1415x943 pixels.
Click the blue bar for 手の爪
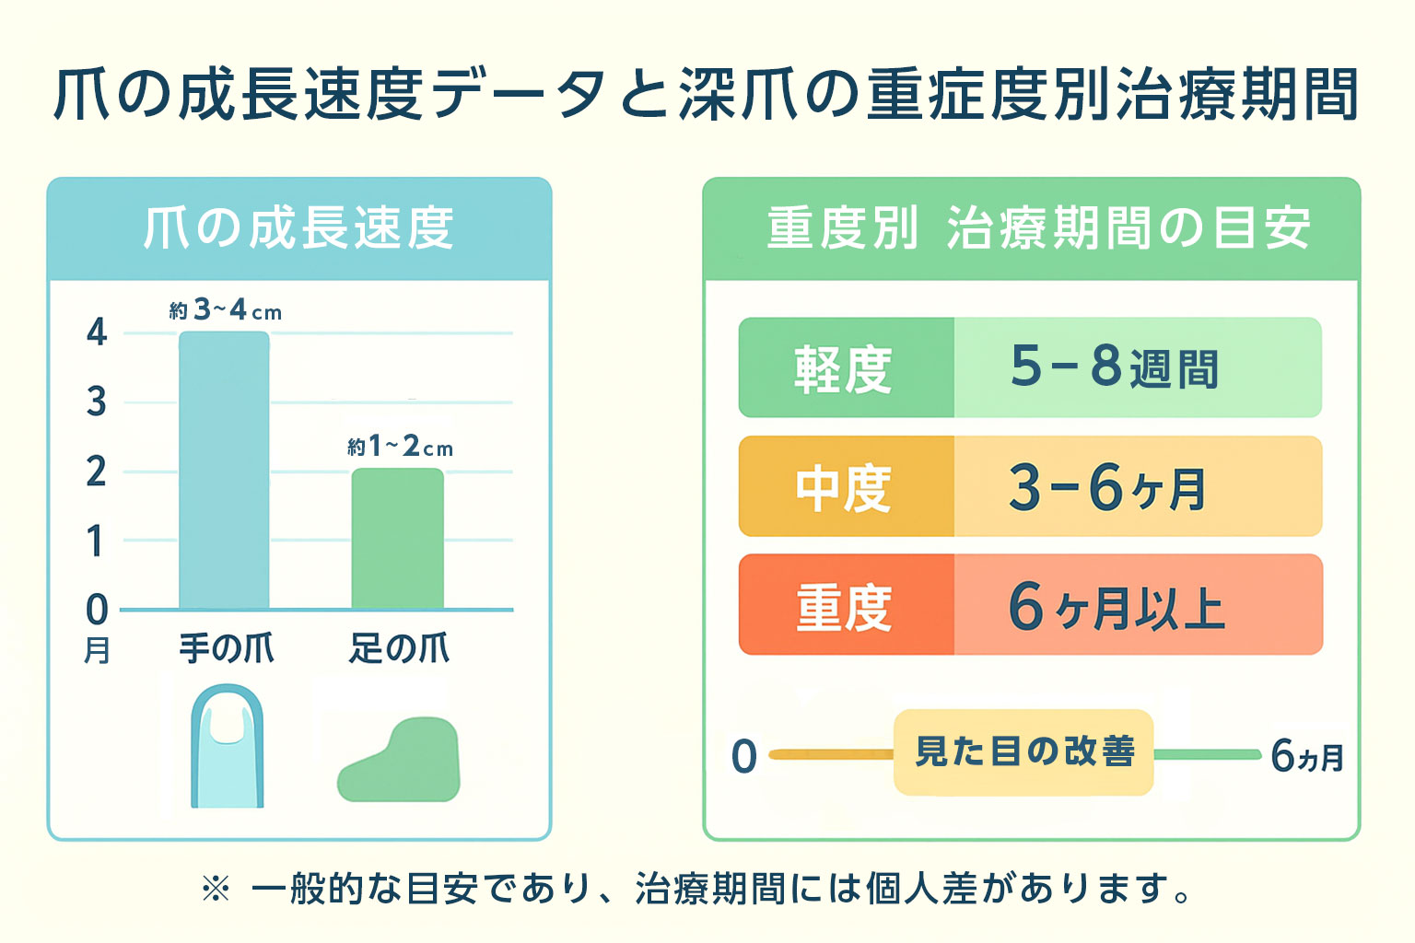224,470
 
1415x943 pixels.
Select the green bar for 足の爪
397,539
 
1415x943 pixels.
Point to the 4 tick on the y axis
97,332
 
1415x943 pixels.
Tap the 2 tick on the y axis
97,471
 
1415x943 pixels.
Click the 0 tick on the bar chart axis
97,610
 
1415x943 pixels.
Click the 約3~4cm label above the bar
225,310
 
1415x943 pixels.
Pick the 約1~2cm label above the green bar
400,447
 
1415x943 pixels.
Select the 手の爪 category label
226,648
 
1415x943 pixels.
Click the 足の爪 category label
399,648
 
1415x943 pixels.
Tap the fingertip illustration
227,746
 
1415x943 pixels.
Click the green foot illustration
400,761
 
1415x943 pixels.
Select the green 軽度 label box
846,368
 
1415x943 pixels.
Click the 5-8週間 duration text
1114,367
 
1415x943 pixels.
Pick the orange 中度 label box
846,487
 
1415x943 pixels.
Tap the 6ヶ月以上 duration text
1116,607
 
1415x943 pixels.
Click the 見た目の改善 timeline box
1023,752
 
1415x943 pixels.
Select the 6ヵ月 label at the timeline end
1306,756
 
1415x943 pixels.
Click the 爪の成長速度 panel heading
298,228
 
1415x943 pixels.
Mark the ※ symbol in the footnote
215,890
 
